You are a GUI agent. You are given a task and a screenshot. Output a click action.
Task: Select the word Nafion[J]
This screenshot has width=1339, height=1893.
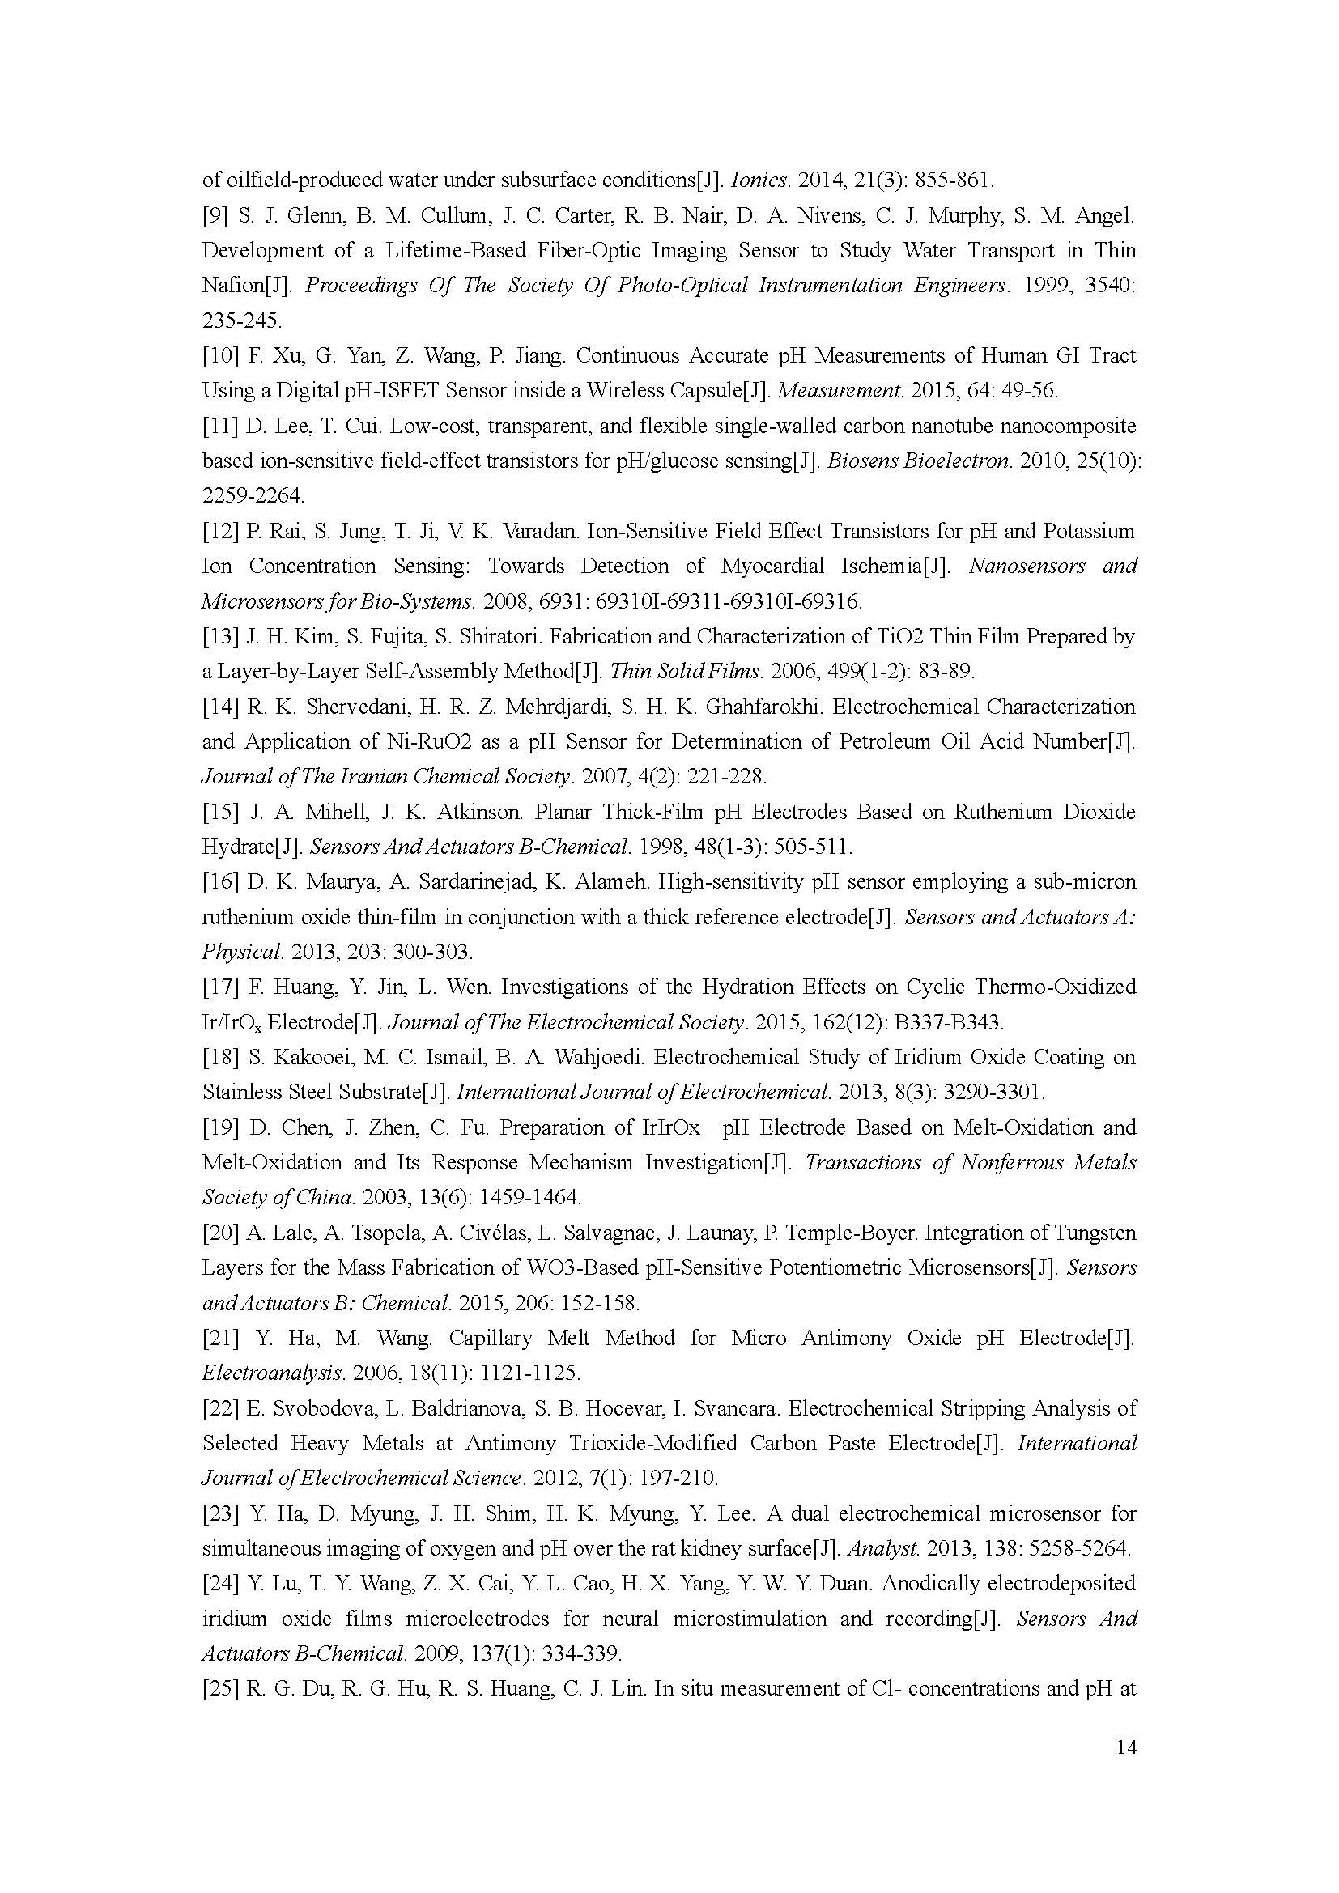pos(247,285)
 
